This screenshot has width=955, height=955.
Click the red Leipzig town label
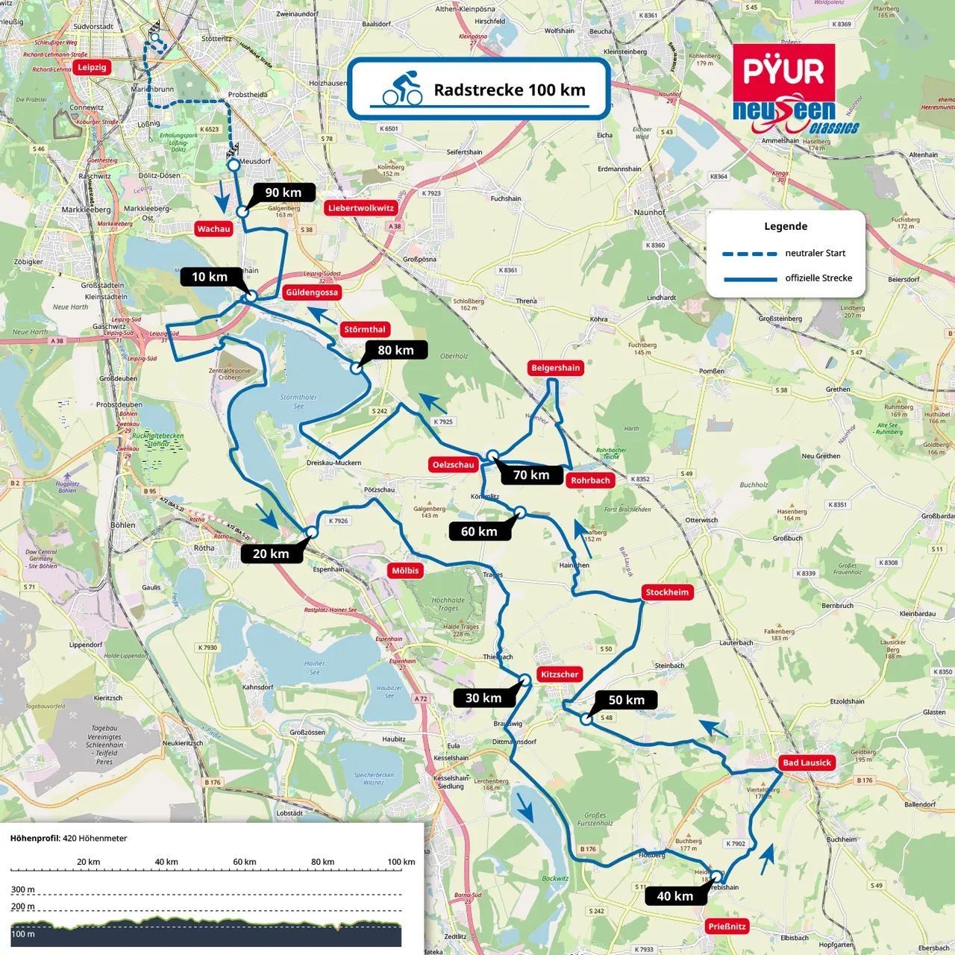(x=92, y=67)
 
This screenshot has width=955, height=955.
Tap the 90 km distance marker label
(x=284, y=192)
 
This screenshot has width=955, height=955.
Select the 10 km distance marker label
(x=210, y=277)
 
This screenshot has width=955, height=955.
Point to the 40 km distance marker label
(x=675, y=896)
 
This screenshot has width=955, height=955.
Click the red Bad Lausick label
(x=807, y=763)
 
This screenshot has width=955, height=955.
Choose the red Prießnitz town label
(x=727, y=927)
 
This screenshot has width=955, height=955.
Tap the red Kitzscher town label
(x=560, y=674)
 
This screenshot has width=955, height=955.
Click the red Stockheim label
(x=667, y=592)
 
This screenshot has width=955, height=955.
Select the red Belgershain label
(x=555, y=368)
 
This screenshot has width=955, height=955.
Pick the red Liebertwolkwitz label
(x=361, y=208)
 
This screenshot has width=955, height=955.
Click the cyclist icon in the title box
(x=402, y=89)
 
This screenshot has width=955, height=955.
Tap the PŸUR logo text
(x=783, y=72)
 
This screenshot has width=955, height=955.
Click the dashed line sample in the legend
(x=749, y=254)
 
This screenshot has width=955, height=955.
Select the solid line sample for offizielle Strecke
(x=749, y=279)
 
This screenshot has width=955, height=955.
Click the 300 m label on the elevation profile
(x=22, y=889)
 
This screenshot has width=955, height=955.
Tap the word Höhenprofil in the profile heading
(x=34, y=839)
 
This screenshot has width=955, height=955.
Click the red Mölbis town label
(x=405, y=571)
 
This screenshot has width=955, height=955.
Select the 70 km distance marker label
(x=531, y=475)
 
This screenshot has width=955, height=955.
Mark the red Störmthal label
(x=365, y=329)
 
